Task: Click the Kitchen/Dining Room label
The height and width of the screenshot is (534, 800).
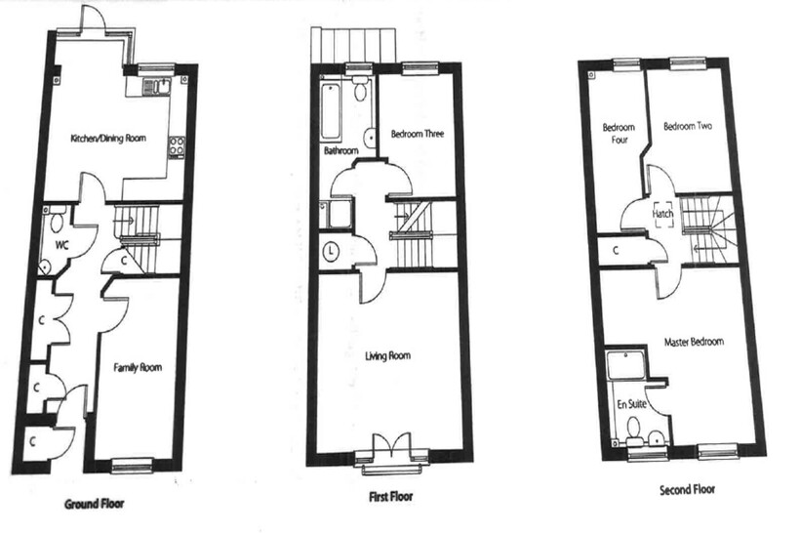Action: click(x=108, y=138)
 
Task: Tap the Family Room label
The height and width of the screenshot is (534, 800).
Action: click(x=138, y=367)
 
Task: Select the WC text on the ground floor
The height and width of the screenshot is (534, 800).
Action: click(x=61, y=246)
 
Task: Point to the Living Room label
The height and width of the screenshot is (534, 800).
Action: click(x=387, y=355)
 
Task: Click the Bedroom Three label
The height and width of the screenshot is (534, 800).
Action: click(x=418, y=134)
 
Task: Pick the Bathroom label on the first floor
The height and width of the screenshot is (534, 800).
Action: click(x=340, y=150)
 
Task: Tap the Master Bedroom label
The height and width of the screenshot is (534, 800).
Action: click(x=694, y=342)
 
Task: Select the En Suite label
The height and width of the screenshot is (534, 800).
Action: click(x=631, y=404)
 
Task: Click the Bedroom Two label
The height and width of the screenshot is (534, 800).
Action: click(x=688, y=126)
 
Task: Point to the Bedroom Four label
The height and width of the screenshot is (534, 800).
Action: click(x=619, y=133)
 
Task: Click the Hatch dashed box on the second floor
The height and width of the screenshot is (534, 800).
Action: click(x=662, y=214)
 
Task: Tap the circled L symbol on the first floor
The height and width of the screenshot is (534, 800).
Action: click(x=332, y=251)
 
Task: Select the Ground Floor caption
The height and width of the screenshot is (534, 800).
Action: click(x=95, y=504)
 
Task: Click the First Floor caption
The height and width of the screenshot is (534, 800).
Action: click(x=391, y=496)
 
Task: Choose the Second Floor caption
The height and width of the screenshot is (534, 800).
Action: click(x=687, y=490)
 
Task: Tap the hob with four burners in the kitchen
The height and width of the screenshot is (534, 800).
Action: click(x=177, y=145)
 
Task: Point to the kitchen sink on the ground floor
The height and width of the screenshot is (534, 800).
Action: click(x=157, y=87)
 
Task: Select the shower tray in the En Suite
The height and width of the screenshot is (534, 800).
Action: click(x=625, y=364)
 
